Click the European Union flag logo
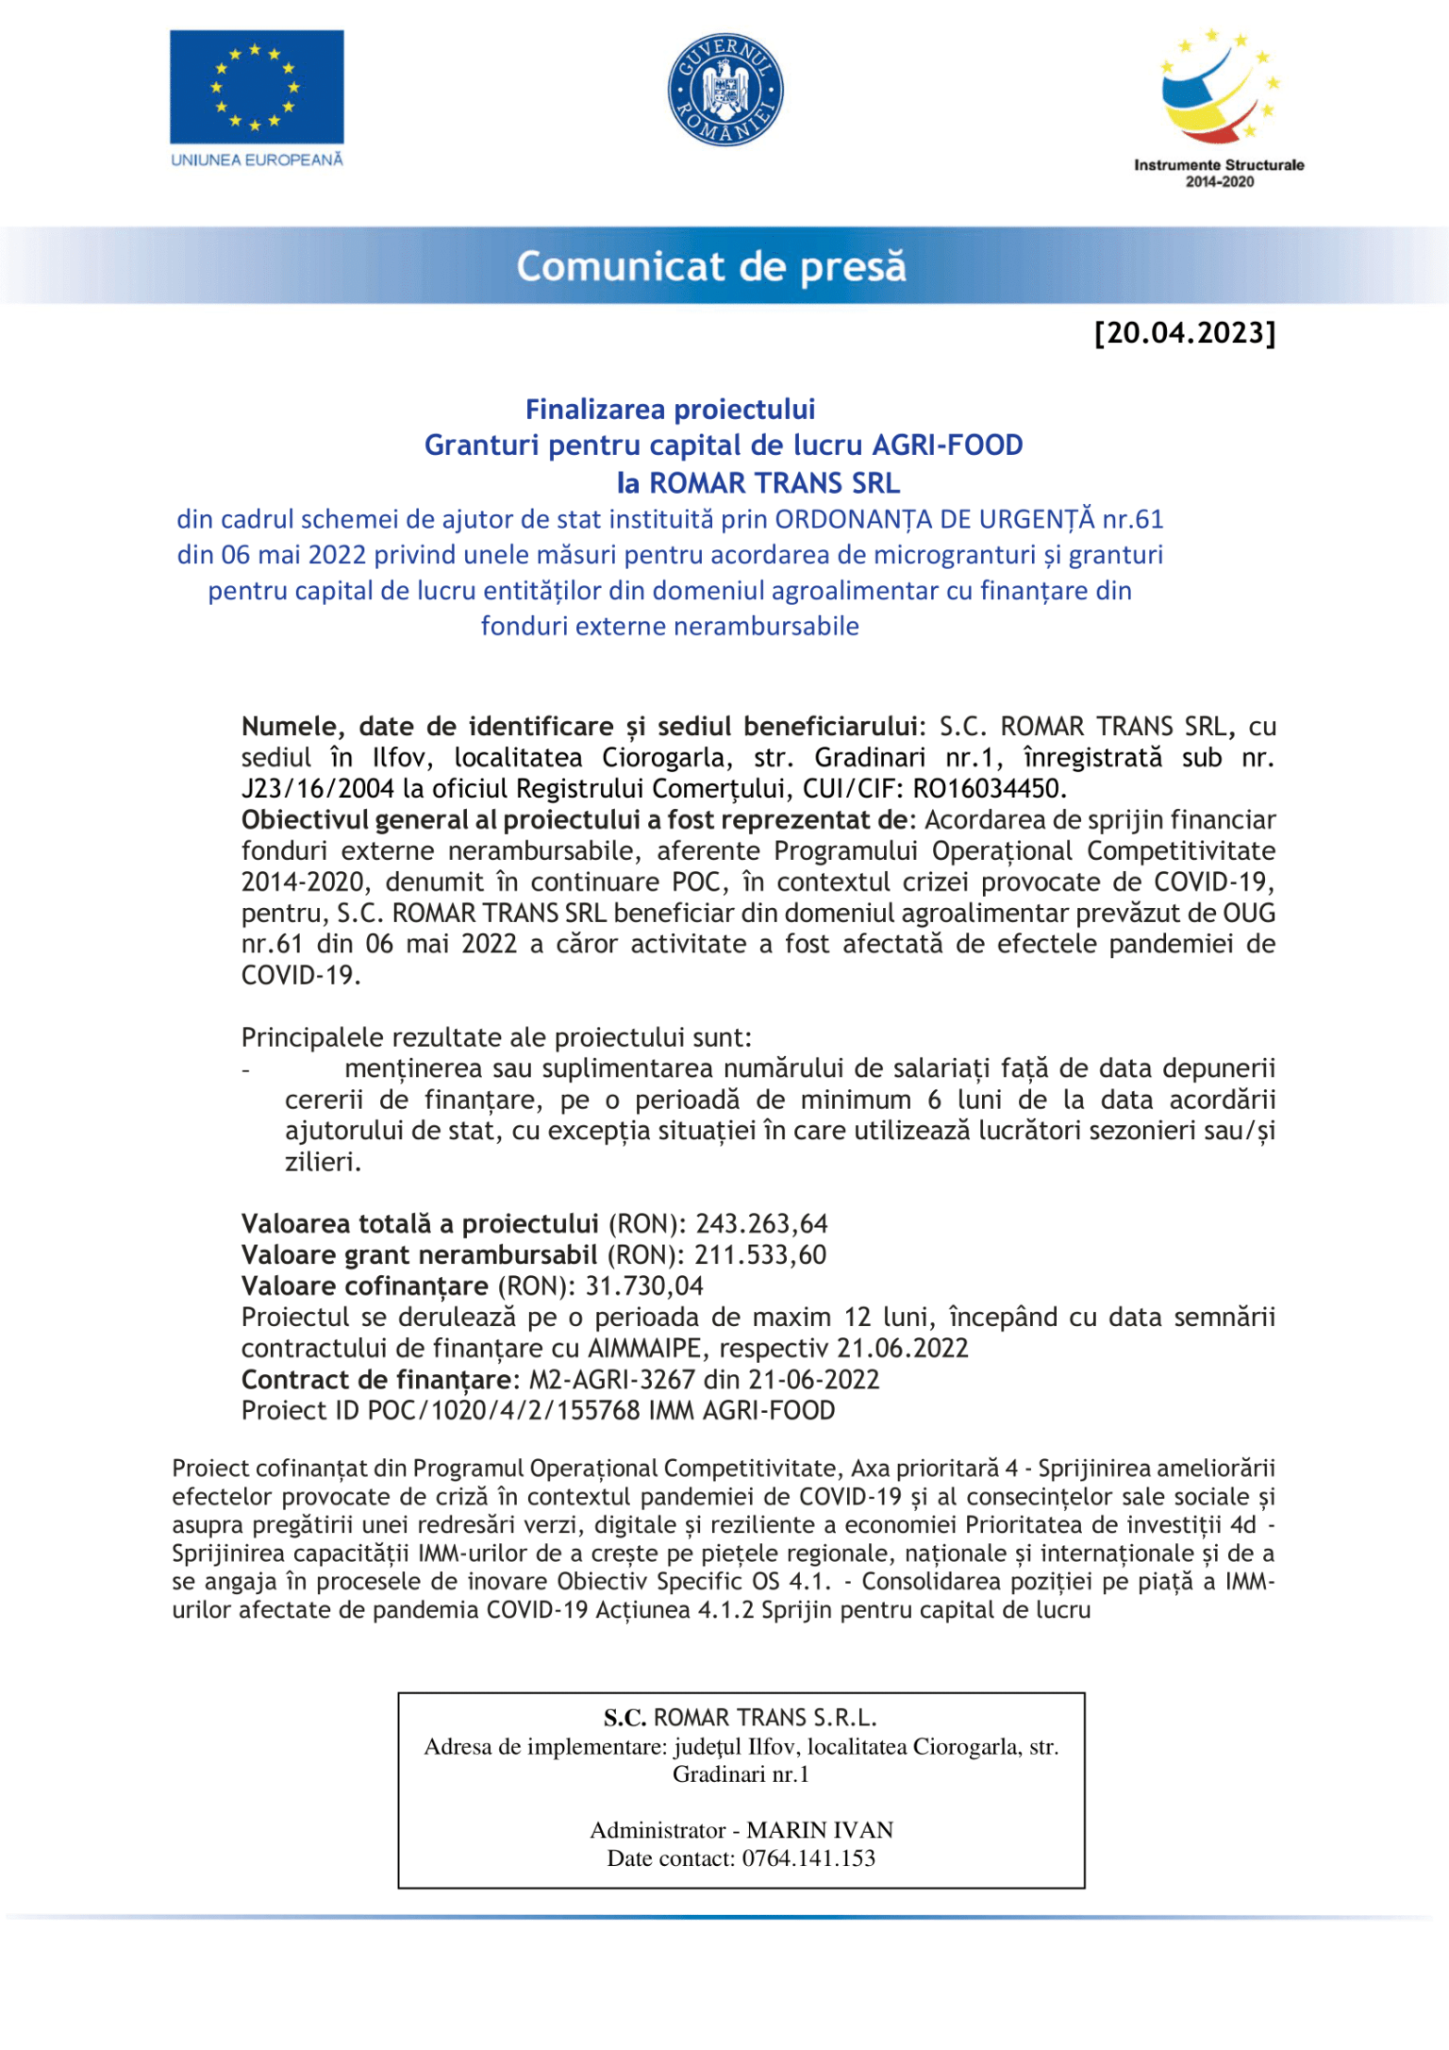(x=257, y=87)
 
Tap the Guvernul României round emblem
(x=725, y=91)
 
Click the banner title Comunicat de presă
(x=710, y=267)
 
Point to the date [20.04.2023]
(x=1185, y=333)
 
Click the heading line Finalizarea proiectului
(x=670, y=409)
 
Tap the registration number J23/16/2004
(x=318, y=789)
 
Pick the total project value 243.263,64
(x=761, y=1224)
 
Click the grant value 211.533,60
(x=760, y=1255)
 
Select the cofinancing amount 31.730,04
(x=644, y=1286)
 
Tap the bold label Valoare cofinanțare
(x=364, y=1286)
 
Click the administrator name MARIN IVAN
(x=820, y=1830)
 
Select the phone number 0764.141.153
(x=808, y=1858)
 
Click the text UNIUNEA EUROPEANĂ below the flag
(x=257, y=160)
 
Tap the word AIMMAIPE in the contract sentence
(x=645, y=1349)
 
